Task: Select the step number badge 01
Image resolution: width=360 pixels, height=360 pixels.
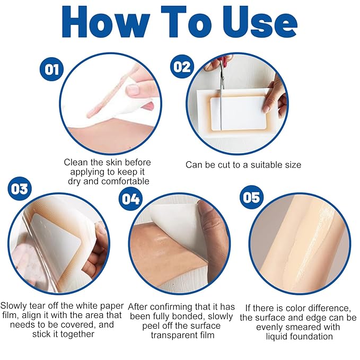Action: click(x=52, y=69)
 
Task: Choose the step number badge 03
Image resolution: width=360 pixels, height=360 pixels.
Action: click(x=20, y=189)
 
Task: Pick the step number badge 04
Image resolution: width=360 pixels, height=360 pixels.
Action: click(x=131, y=199)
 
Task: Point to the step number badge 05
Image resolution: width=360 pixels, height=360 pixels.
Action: click(x=251, y=197)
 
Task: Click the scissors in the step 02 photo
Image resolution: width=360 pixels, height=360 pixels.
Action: click(x=222, y=74)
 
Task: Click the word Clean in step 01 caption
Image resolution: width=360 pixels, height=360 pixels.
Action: click(x=77, y=162)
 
